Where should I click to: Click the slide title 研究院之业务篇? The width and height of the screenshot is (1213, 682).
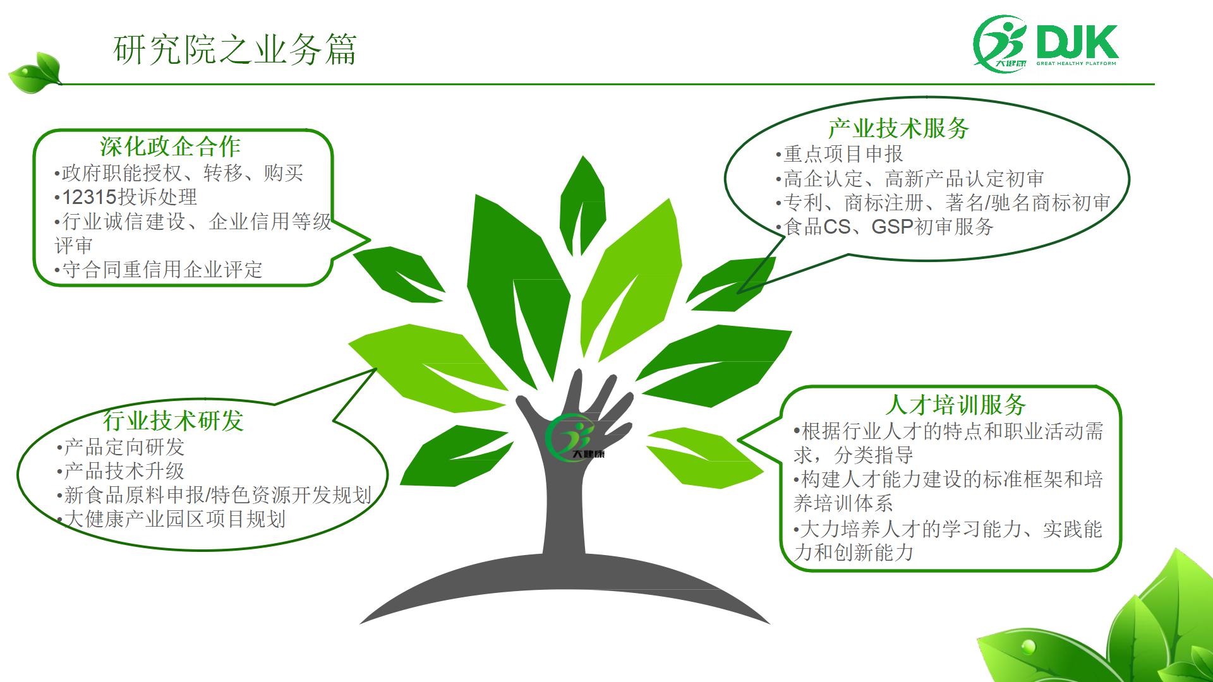point(235,49)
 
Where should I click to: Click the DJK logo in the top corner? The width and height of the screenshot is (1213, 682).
point(1046,44)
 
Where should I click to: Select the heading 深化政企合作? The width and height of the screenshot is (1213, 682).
point(171,147)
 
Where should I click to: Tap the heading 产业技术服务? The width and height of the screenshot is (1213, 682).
point(898,129)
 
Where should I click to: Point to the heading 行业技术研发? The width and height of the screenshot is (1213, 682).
point(173,421)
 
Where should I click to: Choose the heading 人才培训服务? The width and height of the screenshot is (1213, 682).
point(955,405)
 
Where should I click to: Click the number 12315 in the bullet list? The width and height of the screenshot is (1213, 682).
point(88,198)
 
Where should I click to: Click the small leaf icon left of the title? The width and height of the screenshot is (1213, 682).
point(36,73)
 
